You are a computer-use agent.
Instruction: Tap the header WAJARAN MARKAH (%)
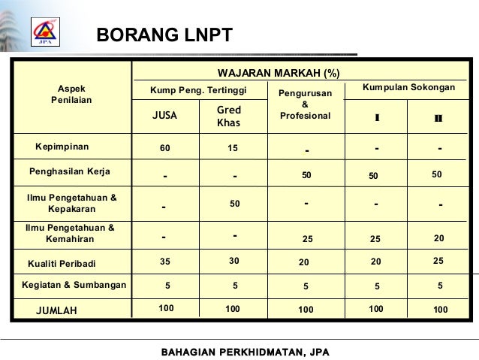(278, 73)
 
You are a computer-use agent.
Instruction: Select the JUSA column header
(164, 116)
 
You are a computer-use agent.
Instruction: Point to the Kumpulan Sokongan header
(408, 88)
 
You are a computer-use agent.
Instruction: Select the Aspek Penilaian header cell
(71, 94)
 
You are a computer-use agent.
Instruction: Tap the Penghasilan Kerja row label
(69, 172)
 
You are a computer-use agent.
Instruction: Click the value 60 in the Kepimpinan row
(164, 148)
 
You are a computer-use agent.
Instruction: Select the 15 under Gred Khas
(233, 148)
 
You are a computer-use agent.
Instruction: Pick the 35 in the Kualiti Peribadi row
(165, 262)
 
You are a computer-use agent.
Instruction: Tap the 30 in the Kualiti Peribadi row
(233, 261)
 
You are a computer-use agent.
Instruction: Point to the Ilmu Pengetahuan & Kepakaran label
(71, 203)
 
